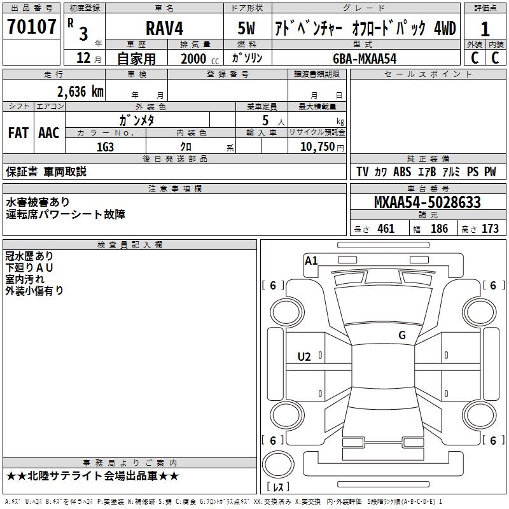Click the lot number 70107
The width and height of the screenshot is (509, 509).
pos(31,27)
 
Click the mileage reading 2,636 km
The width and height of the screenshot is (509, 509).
pos(80,92)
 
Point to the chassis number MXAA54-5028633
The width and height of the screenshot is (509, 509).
pos(427,203)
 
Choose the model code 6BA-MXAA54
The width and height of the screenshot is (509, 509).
pos(365,58)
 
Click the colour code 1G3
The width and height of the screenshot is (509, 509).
pos(105,146)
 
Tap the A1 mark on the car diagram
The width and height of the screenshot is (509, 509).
pos(311,260)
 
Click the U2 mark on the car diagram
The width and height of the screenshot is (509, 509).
pos(304,357)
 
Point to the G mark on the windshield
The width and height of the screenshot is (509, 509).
pos(401,335)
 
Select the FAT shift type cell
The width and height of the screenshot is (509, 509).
pos(18,133)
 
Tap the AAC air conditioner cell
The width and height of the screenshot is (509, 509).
pos(49,133)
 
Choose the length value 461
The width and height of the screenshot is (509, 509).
pos(386,229)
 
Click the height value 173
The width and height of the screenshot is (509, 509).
pos(490,229)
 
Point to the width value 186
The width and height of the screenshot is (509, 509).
pos(439,229)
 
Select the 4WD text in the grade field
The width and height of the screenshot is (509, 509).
pos(445,28)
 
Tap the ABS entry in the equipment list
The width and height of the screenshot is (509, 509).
pos(402,172)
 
